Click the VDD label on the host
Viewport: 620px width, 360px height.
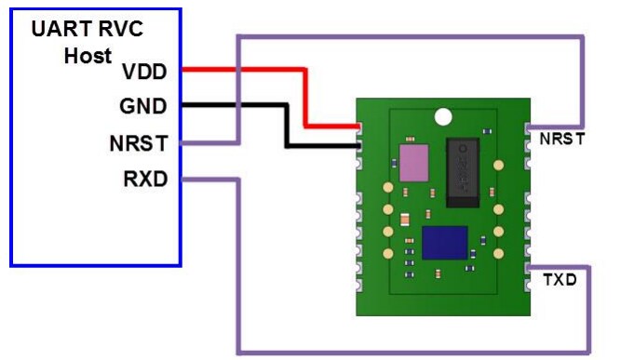pyautogui.click(x=144, y=71)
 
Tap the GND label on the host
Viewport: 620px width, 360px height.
pyautogui.click(x=144, y=106)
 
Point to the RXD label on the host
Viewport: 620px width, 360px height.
pyautogui.click(x=144, y=178)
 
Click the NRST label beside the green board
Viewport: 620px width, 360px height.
pyautogui.click(x=561, y=140)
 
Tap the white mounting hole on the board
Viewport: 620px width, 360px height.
pyautogui.click(x=444, y=116)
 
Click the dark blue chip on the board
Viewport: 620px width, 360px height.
pyautogui.click(x=444, y=243)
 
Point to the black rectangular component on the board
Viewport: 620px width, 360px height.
pyautogui.click(x=464, y=171)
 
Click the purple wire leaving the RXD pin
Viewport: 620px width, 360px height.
pyautogui.click(x=239, y=270)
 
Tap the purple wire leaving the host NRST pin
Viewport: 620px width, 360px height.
pyautogui.click(x=239, y=93)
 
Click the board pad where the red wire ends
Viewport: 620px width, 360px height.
pyautogui.click(x=359, y=127)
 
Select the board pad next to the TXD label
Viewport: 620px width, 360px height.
pyautogui.click(x=528, y=270)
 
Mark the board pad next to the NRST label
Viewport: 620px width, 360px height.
pyautogui.click(x=528, y=127)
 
